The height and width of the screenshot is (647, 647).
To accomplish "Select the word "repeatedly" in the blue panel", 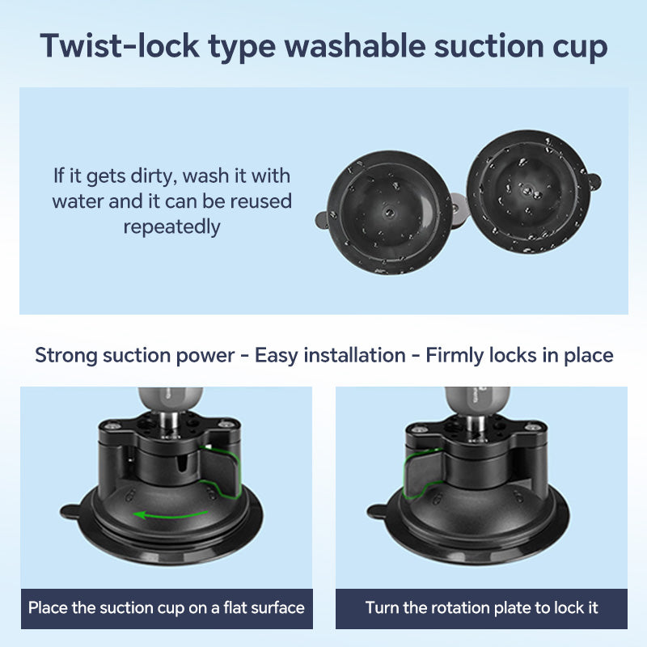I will (171, 226).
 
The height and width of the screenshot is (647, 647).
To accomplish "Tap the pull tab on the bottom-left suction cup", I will (70, 511).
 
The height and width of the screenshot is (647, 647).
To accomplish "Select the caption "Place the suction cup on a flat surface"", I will (167, 608).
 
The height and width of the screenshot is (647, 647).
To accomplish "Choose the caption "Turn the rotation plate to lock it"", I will (482, 608).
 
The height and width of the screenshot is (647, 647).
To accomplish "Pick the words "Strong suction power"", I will (138, 355).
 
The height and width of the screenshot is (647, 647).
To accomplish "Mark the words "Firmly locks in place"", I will (519, 355).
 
